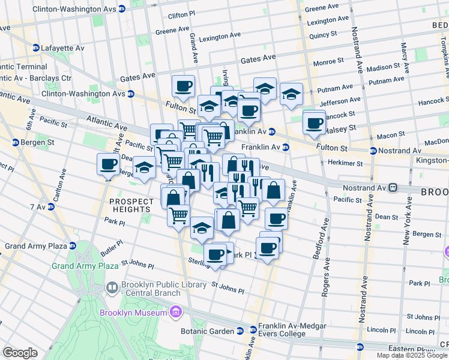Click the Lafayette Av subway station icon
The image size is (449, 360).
36,48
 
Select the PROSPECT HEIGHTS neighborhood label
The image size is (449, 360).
131,205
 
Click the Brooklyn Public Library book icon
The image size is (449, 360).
112,289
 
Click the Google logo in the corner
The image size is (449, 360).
20,353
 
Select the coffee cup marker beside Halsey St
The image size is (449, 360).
313,122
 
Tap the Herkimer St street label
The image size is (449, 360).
346,163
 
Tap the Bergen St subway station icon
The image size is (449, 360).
15,142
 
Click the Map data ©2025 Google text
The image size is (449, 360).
411,355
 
